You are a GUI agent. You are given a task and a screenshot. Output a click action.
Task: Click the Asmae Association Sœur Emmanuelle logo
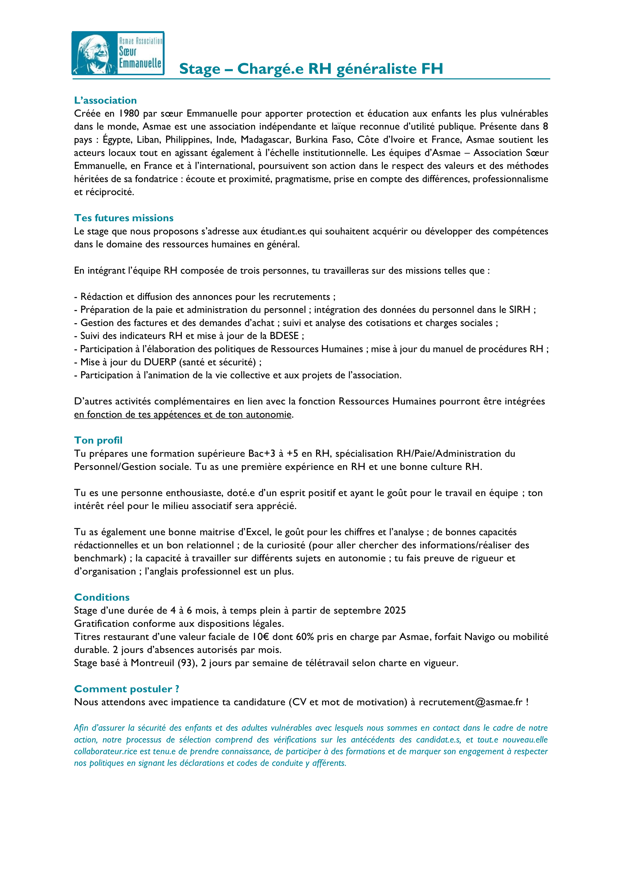point(118,53)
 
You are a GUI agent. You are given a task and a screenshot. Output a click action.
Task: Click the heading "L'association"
point(105,100)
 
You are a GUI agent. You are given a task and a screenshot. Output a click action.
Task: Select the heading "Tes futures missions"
point(124,218)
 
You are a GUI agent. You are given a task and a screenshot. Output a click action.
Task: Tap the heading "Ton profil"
point(98,441)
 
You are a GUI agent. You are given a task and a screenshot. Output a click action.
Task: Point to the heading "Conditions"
point(102,597)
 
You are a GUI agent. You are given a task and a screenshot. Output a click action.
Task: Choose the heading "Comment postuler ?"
point(127,689)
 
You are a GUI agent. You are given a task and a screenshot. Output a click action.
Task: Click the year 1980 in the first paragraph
point(128,114)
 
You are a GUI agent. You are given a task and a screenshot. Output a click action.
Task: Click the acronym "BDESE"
point(284,336)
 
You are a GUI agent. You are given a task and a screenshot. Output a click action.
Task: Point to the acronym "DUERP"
point(160,362)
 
